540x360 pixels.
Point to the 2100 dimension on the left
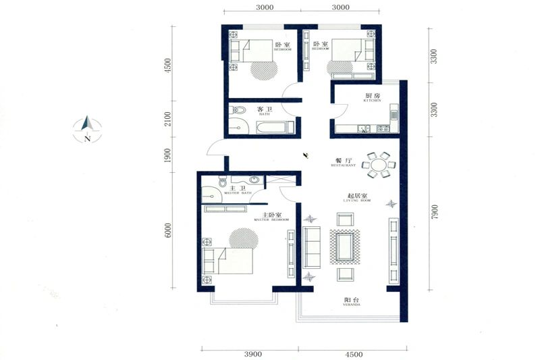click(x=168, y=120)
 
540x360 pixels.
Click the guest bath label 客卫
click(x=264, y=110)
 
